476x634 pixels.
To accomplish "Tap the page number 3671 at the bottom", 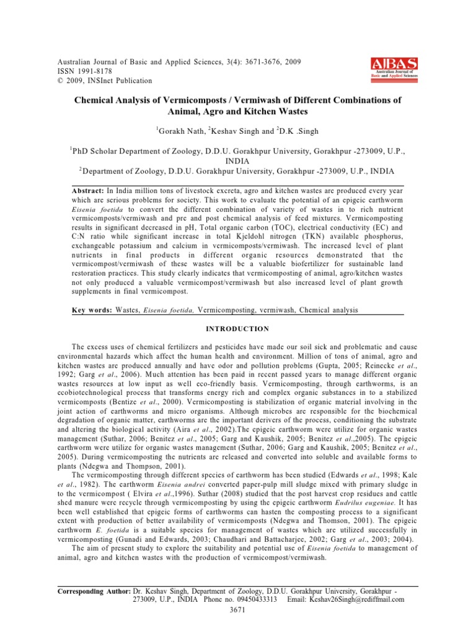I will tap(238, 610).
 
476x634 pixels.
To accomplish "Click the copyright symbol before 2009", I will tap(59, 80).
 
